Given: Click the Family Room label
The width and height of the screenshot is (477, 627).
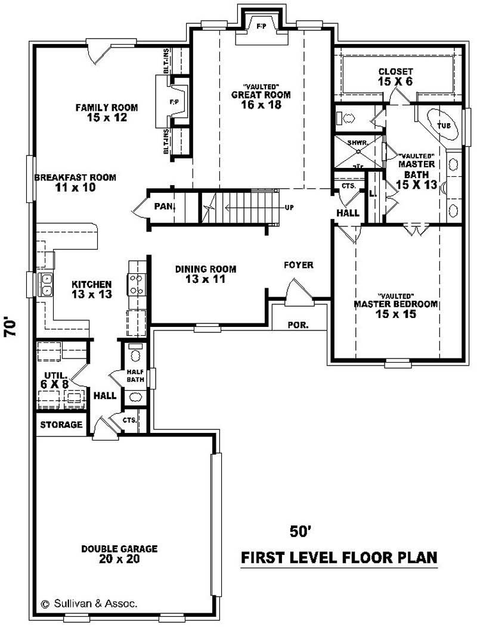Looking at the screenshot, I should coord(106,108).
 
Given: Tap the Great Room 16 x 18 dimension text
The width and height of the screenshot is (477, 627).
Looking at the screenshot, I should coord(261,105).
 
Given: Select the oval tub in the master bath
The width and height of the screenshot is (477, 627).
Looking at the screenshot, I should coord(443,124).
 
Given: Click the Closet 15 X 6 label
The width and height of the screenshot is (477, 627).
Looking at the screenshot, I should coord(395,71).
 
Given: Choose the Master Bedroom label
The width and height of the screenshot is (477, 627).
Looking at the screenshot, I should coord(395,304).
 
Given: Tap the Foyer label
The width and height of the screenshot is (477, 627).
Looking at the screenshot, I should coord(299,265).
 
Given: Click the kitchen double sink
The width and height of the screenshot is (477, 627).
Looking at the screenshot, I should coord(45,285).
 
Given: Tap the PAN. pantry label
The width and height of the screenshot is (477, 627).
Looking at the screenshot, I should coord(163,207).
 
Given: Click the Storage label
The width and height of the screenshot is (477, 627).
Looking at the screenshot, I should coord(61,425).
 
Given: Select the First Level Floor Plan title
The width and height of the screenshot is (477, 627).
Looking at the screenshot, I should coord(338,558).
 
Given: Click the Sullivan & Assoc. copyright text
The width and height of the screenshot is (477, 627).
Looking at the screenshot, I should coord(89,603).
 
